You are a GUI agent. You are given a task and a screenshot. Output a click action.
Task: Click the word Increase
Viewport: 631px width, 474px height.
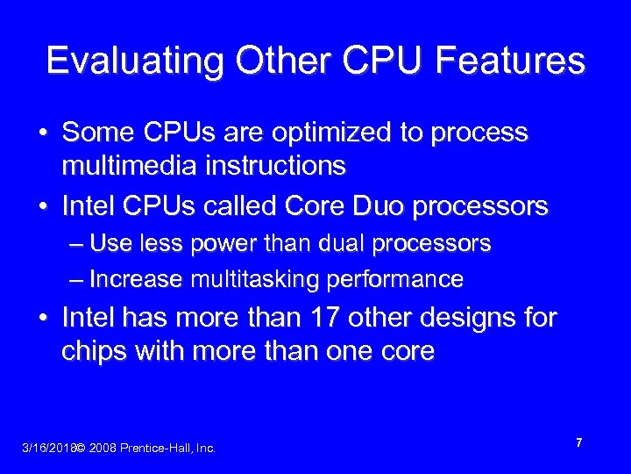click(x=136, y=279)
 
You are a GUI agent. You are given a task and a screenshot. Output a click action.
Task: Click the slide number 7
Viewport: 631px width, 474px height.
click(x=579, y=444)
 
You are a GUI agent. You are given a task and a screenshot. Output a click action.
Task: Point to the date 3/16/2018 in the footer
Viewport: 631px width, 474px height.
click(x=47, y=449)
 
